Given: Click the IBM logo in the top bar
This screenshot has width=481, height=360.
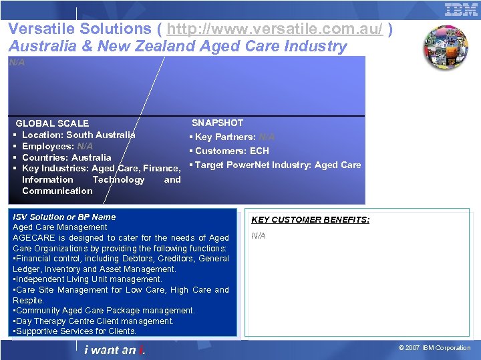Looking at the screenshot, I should coord(462,9).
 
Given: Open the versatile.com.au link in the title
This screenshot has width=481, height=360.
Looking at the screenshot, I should coord(275,29).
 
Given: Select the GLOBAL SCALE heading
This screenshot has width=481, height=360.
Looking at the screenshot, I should coord(52,123).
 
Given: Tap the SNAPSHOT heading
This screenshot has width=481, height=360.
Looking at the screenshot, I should coord(218,123).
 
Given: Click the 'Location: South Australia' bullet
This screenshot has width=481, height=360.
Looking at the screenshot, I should coord(78,135).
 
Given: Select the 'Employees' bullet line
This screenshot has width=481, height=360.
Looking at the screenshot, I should coord(57,146).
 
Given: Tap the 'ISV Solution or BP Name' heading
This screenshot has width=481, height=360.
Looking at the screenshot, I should coord(64,217).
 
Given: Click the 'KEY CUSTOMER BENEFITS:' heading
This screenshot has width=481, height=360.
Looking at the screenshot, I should coord(310,219).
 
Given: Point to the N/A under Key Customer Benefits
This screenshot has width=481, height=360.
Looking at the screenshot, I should coord(259,235).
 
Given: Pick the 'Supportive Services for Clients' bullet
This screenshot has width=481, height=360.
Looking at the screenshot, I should coord(75,331).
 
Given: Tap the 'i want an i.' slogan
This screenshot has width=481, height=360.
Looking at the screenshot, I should coord(115,349).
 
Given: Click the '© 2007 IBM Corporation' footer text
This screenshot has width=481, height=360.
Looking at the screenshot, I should coord(434,348).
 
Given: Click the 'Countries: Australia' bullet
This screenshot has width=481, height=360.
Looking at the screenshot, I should coord(67,157).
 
